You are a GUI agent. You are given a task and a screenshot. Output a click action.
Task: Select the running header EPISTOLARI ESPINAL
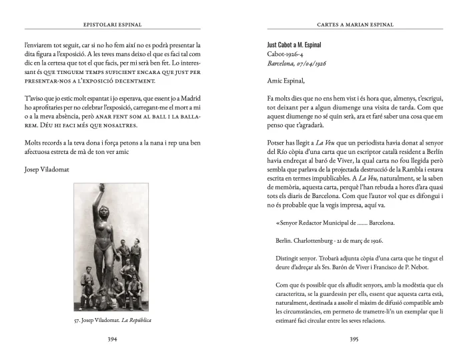tap(113, 25)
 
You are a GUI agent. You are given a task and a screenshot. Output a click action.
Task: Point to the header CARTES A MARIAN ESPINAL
tap(354, 25)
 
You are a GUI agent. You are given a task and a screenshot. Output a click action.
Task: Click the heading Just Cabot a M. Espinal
tap(295, 45)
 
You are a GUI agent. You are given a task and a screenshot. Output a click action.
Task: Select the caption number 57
tap(78, 321)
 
